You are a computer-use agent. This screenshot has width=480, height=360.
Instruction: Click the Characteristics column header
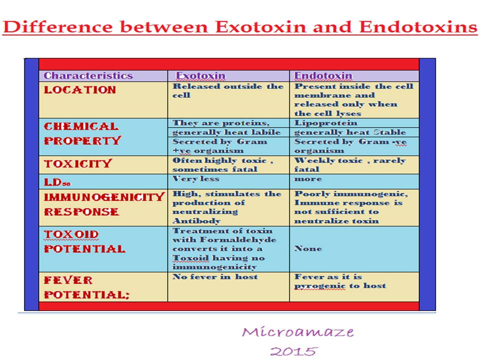pyautogui.click(x=88, y=76)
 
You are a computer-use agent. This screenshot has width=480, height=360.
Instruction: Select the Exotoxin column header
pyautogui.click(x=200, y=76)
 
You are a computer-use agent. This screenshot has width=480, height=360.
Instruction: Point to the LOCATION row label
pyautogui.click(x=80, y=90)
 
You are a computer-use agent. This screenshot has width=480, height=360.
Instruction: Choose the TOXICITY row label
pyautogui.click(x=78, y=164)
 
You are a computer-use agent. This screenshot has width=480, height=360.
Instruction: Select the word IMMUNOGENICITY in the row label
pyautogui.click(x=104, y=197)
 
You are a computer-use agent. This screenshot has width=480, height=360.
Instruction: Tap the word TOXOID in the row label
pyautogui.click(x=71, y=234)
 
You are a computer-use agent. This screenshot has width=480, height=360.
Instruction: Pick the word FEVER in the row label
pyautogui.click(x=68, y=280)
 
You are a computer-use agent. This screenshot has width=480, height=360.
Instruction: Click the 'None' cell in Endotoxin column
pyautogui.click(x=308, y=248)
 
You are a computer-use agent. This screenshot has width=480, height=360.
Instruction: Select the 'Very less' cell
pyautogui.click(x=196, y=178)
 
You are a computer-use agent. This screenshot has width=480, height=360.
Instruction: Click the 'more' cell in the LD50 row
pyautogui.click(x=308, y=178)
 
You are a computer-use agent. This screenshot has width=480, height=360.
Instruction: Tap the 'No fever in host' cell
pyautogui.click(x=215, y=276)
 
